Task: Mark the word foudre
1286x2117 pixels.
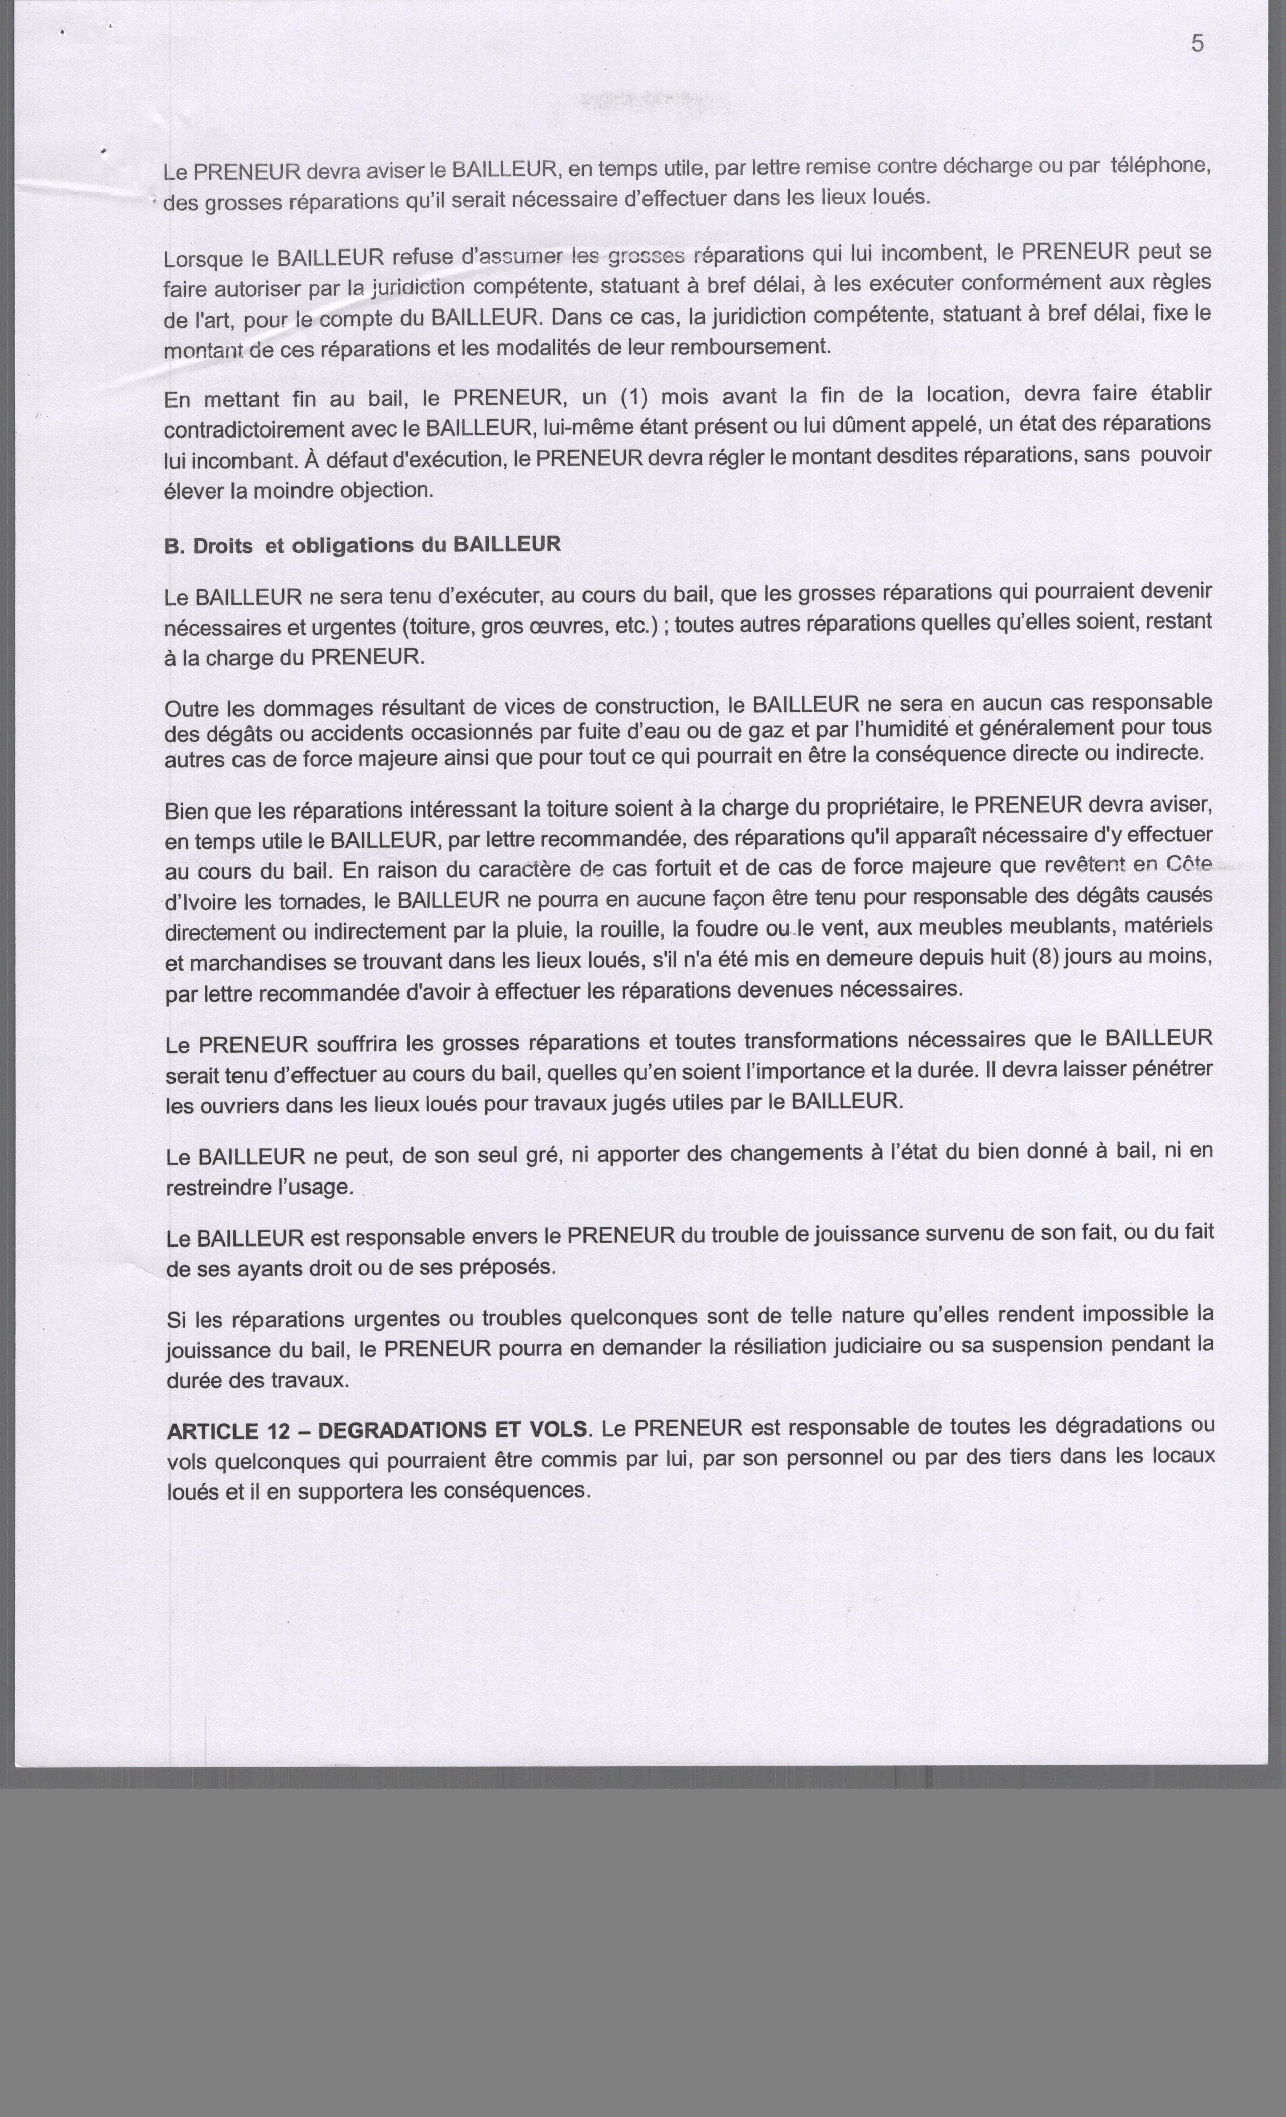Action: (x=724, y=929)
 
